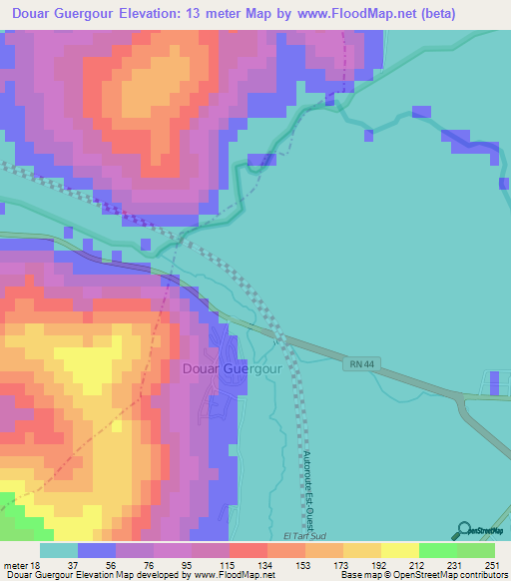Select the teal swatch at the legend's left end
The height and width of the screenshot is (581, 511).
59,550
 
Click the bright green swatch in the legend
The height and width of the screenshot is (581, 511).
437,550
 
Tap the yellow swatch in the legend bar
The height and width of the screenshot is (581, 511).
399,550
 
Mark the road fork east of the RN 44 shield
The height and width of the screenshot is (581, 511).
459,396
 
